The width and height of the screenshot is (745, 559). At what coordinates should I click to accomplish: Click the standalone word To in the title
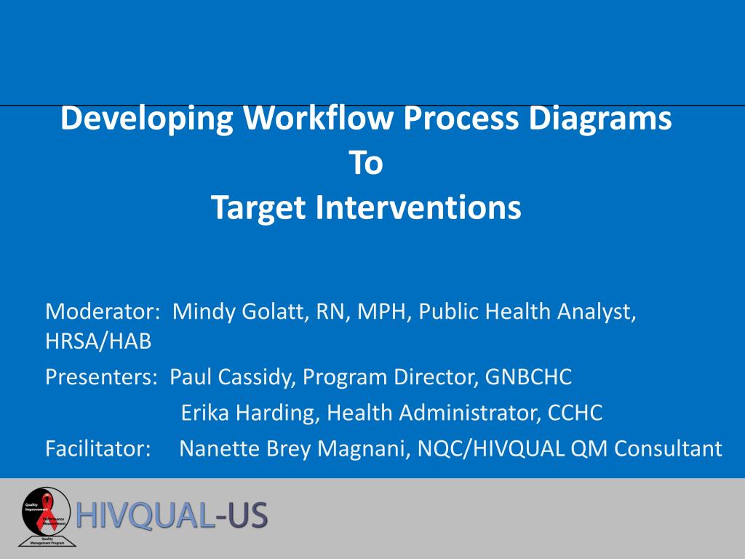[x=366, y=164]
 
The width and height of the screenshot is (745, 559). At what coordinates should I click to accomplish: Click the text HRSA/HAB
[x=98, y=341]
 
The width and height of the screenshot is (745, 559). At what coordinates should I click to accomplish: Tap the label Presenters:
[x=103, y=377]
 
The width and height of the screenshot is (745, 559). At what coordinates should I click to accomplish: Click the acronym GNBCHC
[x=529, y=377]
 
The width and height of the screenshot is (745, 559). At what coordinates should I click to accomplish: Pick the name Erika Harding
[x=247, y=413]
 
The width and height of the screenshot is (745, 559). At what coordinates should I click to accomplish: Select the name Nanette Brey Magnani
[x=295, y=449]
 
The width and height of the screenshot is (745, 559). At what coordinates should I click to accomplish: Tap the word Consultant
[x=668, y=449]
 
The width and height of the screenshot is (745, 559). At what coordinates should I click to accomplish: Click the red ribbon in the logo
[x=48, y=508]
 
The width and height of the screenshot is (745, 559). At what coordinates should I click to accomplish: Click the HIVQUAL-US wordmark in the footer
[x=172, y=515]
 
